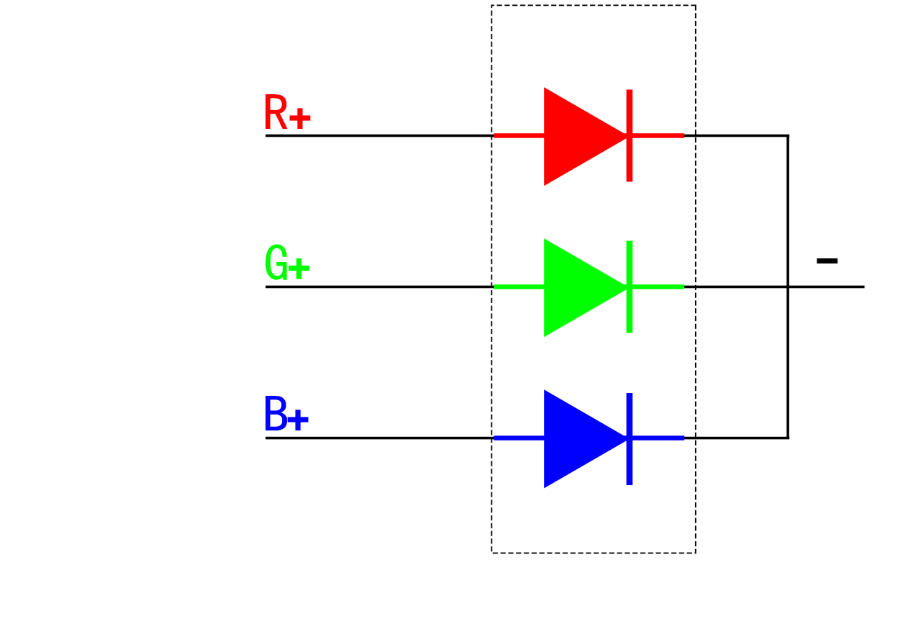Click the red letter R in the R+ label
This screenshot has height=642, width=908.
click(x=276, y=112)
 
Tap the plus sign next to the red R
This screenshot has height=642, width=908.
click(x=300, y=119)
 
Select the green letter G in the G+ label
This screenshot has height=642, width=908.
click(x=276, y=263)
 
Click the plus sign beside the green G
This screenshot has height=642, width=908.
click(x=299, y=268)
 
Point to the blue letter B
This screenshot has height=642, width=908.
click(x=276, y=413)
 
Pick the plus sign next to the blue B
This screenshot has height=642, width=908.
click(x=298, y=420)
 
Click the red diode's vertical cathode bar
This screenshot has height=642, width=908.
click(x=630, y=135)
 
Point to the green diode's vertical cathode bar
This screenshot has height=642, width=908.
click(x=630, y=286)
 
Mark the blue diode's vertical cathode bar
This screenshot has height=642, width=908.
click(x=630, y=439)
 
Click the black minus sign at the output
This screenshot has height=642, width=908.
click(x=827, y=261)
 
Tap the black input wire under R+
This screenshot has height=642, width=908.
click(x=379, y=135)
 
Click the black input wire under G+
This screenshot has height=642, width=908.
click(x=379, y=286)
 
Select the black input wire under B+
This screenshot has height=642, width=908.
click(x=379, y=438)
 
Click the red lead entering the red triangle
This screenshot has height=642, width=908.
click(x=519, y=135)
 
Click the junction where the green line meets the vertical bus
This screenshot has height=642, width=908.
click(x=788, y=286)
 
